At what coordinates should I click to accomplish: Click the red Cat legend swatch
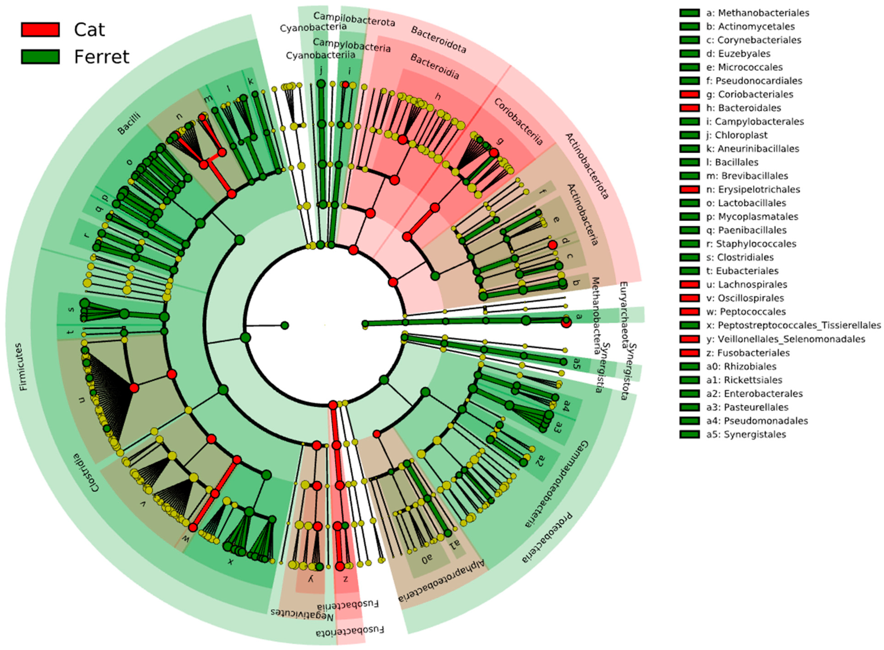tap(40, 30)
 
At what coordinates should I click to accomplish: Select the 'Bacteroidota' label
tap(438, 39)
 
